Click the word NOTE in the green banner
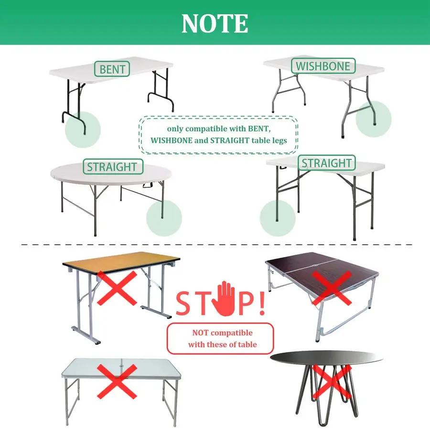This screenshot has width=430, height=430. pyautogui.click(x=215, y=23)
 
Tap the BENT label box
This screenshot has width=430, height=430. pyautogui.click(x=112, y=69)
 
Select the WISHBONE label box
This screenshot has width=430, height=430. pyautogui.click(x=323, y=66)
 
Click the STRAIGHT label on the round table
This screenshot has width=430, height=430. pyautogui.click(x=113, y=166)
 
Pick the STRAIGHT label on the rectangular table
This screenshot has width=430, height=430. pyautogui.click(x=327, y=163)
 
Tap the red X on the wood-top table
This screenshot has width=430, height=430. pyautogui.click(x=117, y=288)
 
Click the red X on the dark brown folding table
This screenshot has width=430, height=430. pyautogui.click(x=332, y=288)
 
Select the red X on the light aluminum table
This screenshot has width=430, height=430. pyautogui.click(x=117, y=381)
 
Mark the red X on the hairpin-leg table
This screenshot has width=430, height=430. pyautogui.click(x=332, y=381)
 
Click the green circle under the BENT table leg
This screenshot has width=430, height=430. pyautogui.click(x=83, y=129)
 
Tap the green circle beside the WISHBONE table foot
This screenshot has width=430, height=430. pyautogui.click(x=374, y=119)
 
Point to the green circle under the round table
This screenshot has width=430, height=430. pyautogui.click(x=164, y=218)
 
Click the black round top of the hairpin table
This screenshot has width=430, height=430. pyautogui.click(x=326, y=358)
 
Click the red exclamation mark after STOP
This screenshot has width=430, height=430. pyautogui.click(x=262, y=303)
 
